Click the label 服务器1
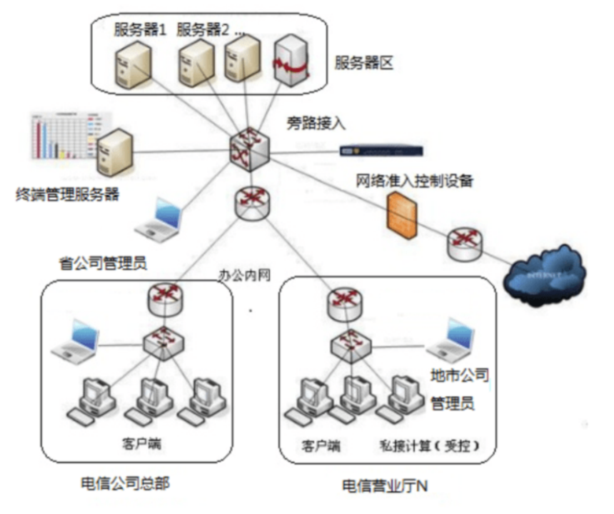[x=140, y=30]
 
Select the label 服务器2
[x=203, y=30]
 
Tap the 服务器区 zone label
[x=364, y=64]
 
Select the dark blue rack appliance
[x=381, y=151]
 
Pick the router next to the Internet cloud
[x=465, y=245]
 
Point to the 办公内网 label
[x=245, y=274]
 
